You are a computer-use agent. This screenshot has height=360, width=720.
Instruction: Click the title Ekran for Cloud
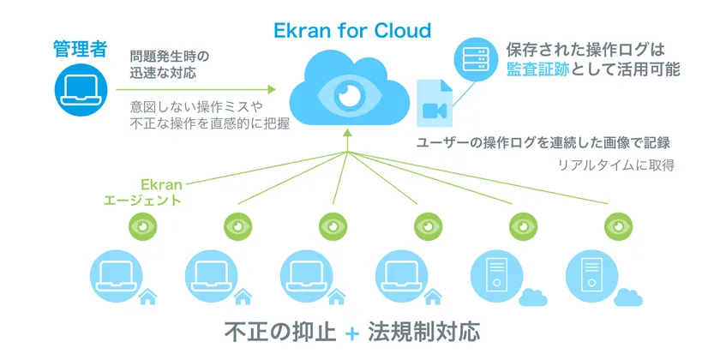coord(352,31)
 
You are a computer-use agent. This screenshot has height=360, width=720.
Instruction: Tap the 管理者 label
coord(81,49)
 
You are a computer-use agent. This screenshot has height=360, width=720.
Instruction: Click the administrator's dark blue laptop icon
coord(81,89)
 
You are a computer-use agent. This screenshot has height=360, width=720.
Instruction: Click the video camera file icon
coord(435,104)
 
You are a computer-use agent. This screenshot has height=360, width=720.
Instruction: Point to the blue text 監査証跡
coord(538,69)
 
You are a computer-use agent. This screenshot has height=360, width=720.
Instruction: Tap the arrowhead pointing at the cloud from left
coord(272,89)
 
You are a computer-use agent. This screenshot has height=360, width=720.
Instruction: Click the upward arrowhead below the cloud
coord(347,133)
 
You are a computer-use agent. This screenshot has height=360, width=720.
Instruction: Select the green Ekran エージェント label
coord(143,192)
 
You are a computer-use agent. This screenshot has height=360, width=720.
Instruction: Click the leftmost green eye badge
coord(143,226)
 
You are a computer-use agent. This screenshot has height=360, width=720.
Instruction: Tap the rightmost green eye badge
coord(618,226)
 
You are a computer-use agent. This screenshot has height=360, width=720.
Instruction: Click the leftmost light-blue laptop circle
coord(117,276)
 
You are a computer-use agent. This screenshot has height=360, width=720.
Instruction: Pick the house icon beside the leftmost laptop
coord(147,297)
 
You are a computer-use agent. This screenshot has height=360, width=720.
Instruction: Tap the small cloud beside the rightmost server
coord(628,297)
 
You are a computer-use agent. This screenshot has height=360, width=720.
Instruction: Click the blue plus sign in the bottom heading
coord(351,333)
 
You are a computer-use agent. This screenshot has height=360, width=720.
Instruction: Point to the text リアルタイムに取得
coord(616,165)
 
